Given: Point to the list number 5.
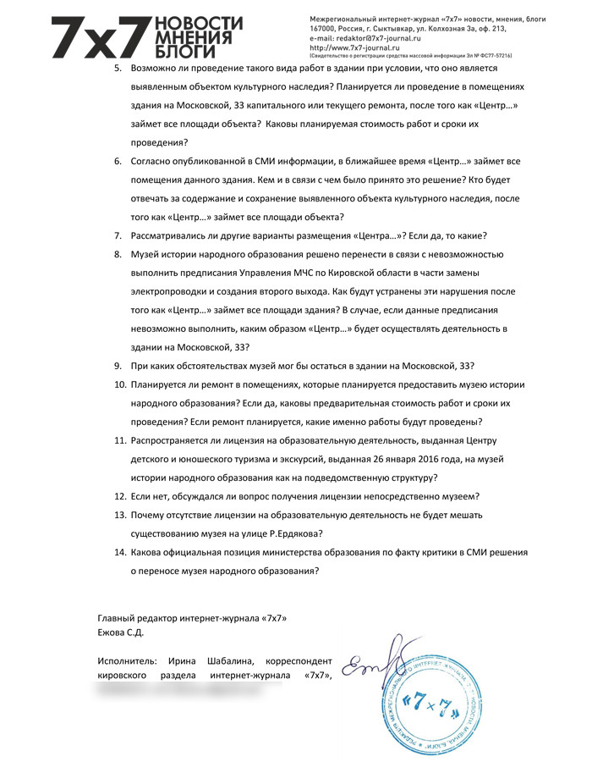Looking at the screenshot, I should pos(118,68).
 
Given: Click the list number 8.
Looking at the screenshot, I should pos(118,254).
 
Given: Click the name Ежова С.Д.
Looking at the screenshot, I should pos(121,632).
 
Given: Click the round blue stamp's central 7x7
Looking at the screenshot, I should pos(429,701).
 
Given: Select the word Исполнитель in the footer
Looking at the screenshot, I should pos(129,660).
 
